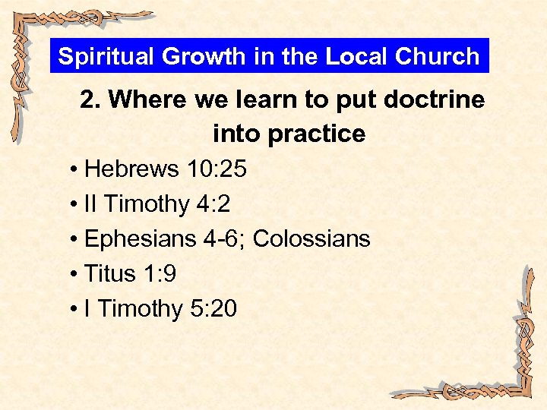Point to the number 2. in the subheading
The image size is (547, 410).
click(x=90, y=100)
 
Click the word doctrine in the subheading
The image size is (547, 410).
click(x=438, y=100)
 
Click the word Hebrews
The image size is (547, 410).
click(x=131, y=169)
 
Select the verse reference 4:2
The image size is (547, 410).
click(x=213, y=204)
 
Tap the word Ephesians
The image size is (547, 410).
click(x=140, y=239)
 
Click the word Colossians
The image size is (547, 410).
click(x=311, y=239)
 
